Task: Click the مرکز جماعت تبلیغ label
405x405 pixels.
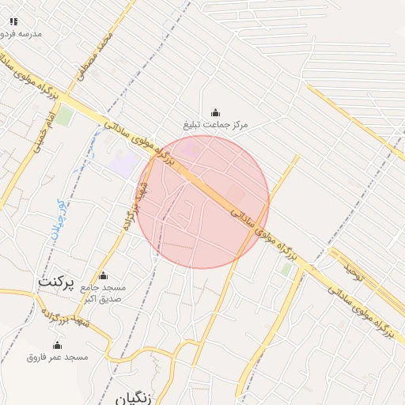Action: (216, 126)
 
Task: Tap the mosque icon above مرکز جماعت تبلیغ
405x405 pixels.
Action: (216, 113)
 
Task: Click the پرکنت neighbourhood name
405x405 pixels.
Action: (56, 282)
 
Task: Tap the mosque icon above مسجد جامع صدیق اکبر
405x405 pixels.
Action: (102, 276)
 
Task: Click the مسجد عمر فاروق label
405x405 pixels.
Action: (57, 358)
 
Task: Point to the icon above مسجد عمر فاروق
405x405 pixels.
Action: (57, 346)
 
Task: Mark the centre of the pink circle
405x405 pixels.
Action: (203, 202)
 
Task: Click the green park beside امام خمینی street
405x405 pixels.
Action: (64, 116)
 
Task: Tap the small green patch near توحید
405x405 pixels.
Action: (286, 269)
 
